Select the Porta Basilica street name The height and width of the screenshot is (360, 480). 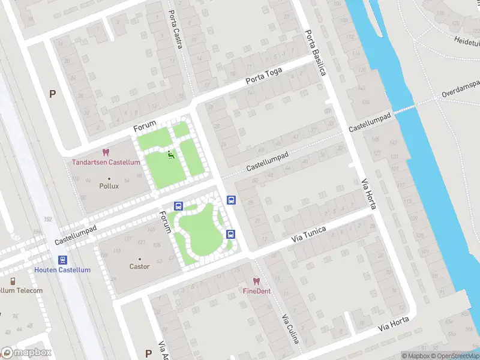point(315,53)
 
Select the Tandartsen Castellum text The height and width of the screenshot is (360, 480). point(106,163)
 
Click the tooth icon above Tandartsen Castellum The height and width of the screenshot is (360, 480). point(106,153)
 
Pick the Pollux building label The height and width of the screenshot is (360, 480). point(109,186)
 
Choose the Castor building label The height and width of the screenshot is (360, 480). point(139,266)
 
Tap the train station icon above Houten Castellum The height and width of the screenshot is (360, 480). point(62,260)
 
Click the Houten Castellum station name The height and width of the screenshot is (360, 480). point(62,270)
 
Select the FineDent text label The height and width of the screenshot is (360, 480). point(256,291)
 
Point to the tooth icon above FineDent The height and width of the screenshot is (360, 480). point(256,281)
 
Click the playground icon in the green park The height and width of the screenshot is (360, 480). point(171,155)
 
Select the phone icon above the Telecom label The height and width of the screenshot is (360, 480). point(13,281)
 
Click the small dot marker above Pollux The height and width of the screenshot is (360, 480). point(109,178)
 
